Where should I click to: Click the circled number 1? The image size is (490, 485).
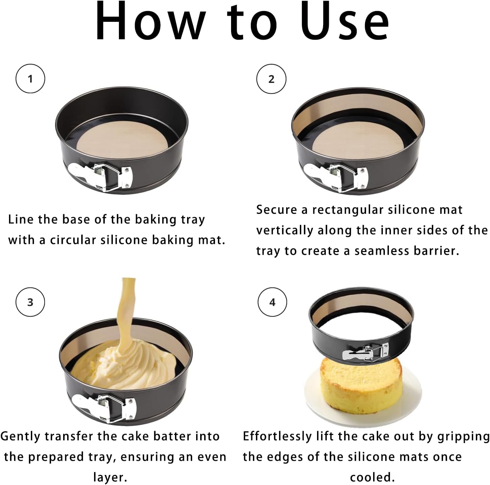tap(30, 79)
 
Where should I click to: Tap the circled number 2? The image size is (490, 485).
tap(271, 79)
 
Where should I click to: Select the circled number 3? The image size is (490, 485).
tap(30, 302)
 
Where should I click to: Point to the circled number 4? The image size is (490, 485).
tap(272, 302)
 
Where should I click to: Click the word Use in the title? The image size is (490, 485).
tap(345, 21)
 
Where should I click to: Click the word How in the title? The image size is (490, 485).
tap(150, 21)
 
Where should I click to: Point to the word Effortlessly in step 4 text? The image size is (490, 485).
tap(277, 436)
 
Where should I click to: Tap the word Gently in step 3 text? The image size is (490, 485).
tap(20, 436)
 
